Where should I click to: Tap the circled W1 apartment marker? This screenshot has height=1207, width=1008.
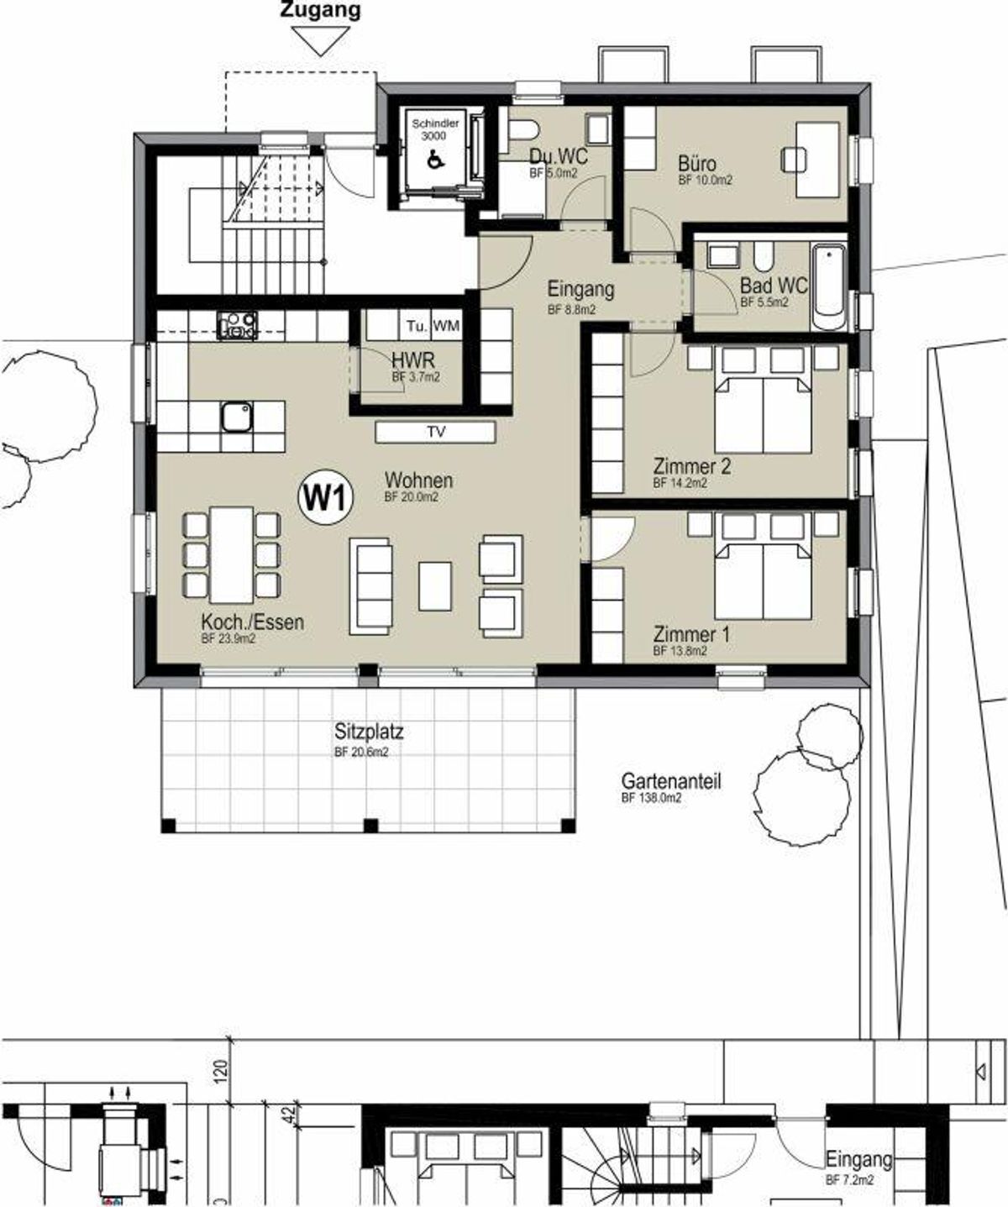coord(326,498)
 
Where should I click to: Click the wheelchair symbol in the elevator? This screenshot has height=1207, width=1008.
coord(435,158)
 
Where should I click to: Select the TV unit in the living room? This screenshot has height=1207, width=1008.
coord(436,433)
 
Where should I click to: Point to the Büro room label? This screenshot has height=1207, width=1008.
coord(697,164)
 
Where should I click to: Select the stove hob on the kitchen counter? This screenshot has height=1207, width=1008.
coord(237,325)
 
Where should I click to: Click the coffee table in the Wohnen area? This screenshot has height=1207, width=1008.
coord(435,586)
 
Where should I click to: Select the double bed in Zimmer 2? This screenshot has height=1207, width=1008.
coord(763,414)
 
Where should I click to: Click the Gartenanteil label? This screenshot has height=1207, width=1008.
coord(671,781)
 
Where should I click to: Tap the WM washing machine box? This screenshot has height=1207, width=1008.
coord(446,326)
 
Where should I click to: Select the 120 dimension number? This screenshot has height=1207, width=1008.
coord(221,1073)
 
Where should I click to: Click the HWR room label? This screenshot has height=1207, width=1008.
coord(412,361)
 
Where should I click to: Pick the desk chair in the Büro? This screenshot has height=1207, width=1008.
coord(794,160)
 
